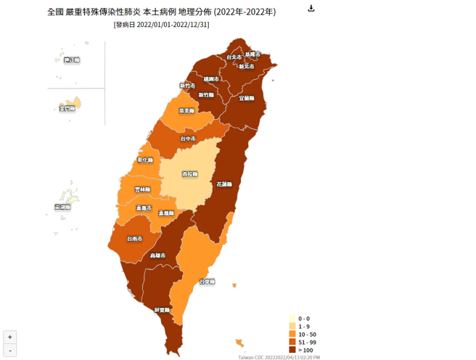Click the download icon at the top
coord(311,9)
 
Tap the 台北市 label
coord(234,57)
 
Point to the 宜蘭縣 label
coord(246,97)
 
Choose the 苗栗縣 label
coord(186,111)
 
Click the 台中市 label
coord(188,139)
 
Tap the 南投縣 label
coord(190,175)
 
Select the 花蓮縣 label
coord(225,184)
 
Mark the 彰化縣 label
coord(145,160)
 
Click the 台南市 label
coord(134,239)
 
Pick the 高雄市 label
coord(157,255)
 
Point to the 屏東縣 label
coord(162,310)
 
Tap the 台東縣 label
coord(207,281)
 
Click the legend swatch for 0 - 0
coord(292,319)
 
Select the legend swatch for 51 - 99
coord(292,342)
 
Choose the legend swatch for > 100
coord(292,350)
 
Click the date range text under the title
coord(162,25)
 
